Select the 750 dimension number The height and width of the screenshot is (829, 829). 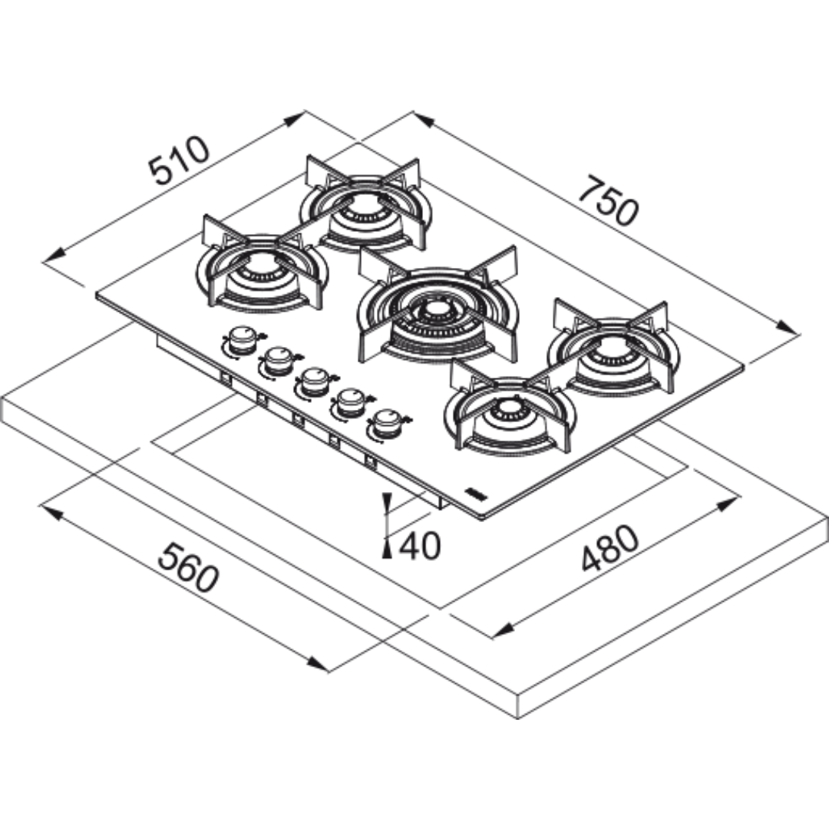tap(607, 200)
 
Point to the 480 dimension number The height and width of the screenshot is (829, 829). tap(609, 550)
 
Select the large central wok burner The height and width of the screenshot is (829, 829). tap(437, 312)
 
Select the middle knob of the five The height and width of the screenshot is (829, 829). tap(315, 380)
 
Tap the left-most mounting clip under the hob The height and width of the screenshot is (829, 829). tap(226, 377)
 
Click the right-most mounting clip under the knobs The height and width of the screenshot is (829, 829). tap(370, 461)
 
